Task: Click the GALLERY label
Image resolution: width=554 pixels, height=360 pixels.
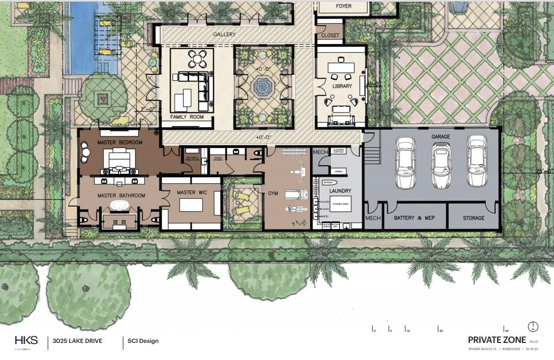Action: click(x=224, y=35)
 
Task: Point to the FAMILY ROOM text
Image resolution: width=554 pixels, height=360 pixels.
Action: click(x=187, y=117)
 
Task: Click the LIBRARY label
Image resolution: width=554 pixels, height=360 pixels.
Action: click(x=341, y=86)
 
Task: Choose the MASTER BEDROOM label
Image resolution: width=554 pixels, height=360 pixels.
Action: click(x=120, y=143)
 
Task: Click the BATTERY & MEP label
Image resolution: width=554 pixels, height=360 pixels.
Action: click(x=414, y=218)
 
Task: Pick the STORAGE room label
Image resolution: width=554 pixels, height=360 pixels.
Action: click(x=473, y=218)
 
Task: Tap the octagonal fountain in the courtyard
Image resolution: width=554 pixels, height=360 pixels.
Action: click(x=260, y=86)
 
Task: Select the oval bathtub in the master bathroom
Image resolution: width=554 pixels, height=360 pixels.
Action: click(x=118, y=206)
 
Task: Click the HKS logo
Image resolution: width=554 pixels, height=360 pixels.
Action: click(x=26, y=340)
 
